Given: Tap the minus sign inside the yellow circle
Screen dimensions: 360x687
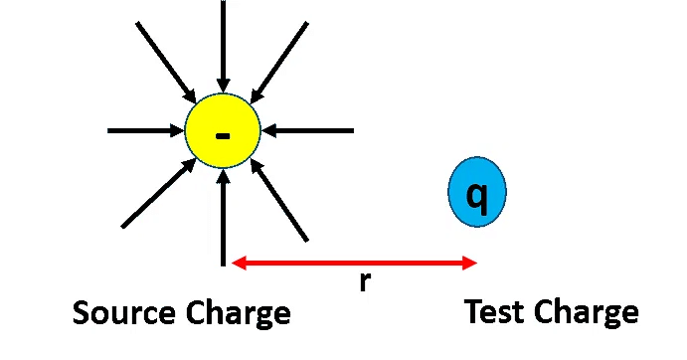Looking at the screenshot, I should click(x=222, y=134).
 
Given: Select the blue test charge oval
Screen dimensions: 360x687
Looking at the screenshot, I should click(x=477, y=192).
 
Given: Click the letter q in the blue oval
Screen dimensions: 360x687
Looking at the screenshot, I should click(x=477, y=196).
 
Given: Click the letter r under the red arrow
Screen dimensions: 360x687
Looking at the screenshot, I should click(x=365, y=282).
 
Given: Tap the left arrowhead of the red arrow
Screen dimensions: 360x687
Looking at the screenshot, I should click(x=238, y=263).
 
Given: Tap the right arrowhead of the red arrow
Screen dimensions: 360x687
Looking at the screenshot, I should click(x=470, y=263).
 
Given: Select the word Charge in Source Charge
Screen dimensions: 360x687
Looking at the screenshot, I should click(x=238, y=314).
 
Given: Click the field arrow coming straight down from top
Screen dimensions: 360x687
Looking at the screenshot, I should click(x=223, y=45).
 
